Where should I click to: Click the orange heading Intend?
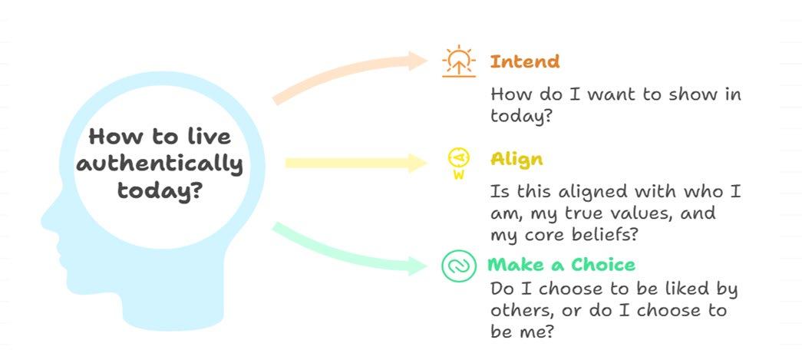coord(525,62)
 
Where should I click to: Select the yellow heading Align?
coord(517,160)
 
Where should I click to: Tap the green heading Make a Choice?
coord(561,265)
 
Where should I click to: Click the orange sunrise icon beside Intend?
coord(459,61)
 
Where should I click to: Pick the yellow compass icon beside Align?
coord(459,163)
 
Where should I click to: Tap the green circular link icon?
coord(459,266)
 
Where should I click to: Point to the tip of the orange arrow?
coord(427,61)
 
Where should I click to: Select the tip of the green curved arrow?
coord(427,266)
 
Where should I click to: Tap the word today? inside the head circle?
coord(159,192)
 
